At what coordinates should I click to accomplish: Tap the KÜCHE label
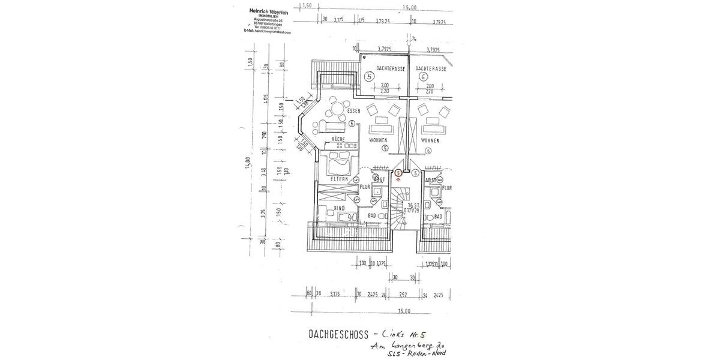338,139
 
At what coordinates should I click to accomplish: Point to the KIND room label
339,208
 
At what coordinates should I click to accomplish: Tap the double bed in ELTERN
339,161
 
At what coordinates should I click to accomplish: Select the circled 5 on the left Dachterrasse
369,77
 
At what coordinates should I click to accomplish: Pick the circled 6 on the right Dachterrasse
424,77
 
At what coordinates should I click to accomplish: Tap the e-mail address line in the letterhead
267,32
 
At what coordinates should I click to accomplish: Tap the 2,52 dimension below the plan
403,295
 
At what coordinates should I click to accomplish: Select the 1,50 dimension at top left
307,5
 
